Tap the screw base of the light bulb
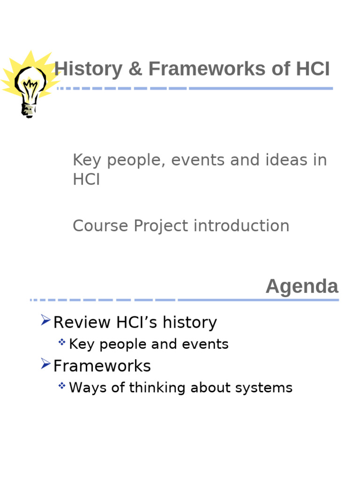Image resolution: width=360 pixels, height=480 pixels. [29, 111]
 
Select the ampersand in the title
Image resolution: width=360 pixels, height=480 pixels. [135, 69]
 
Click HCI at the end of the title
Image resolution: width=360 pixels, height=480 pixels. [313, 69]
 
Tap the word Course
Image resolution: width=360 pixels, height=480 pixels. [101, 226]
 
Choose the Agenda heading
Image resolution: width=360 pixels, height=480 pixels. [302, 286]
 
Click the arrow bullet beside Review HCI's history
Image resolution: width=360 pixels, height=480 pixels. [45, 320]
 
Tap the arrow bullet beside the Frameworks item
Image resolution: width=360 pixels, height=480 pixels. [45, 364]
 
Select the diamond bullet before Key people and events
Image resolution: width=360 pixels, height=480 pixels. [62, 343]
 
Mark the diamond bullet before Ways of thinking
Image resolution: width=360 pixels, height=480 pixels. [62, 386]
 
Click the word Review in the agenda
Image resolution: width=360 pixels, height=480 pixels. [82, 322]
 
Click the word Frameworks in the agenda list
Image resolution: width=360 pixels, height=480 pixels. [102, 366]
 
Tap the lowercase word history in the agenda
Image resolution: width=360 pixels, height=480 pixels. [192, 322]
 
